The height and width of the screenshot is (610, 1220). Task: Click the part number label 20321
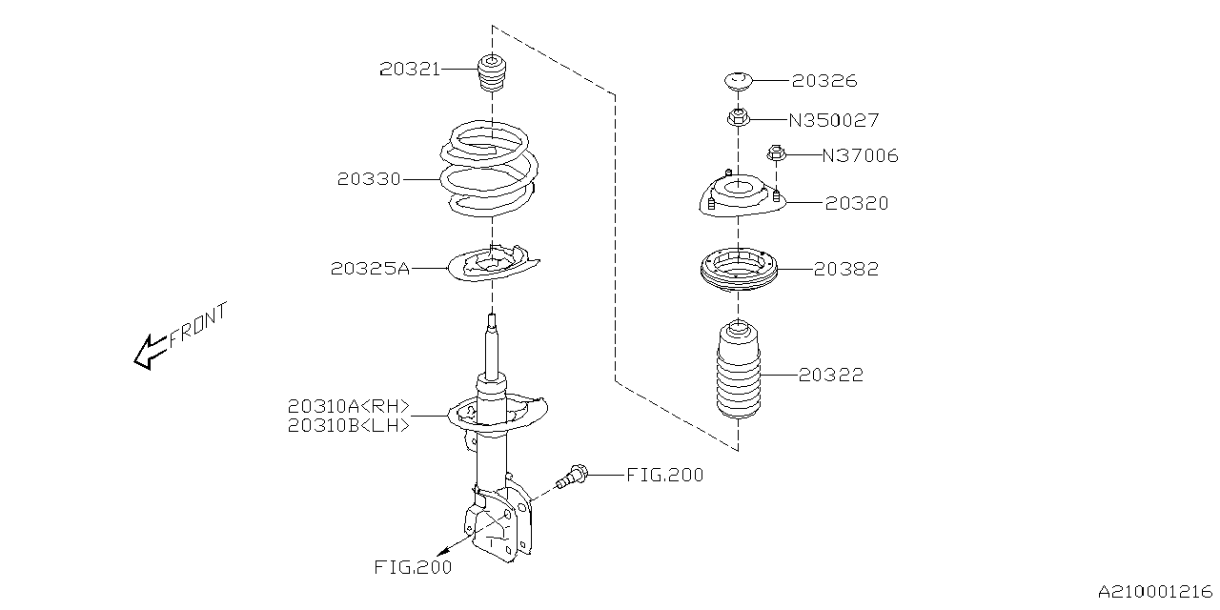(x=410, y=69)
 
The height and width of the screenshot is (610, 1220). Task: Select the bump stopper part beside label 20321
(x=491, y=75)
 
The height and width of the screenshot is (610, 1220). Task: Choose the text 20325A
(x=370, y=269)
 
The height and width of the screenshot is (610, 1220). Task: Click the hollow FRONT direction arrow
(x=151, y=351)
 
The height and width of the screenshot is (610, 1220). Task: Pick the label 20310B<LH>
(x=348, y=426)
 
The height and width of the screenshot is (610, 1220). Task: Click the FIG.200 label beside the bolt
(x=664, y=474)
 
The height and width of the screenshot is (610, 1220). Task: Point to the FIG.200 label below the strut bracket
(x=413, y=568)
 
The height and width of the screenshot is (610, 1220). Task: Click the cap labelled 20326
(x=739, y=82)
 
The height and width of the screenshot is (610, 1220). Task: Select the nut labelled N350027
(x=737, y=119)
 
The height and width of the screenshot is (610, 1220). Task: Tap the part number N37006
(x=859, y=155)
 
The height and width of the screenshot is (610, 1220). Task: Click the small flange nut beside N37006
(x=776, y=152)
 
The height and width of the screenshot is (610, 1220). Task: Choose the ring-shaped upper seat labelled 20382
(x=739, y=270)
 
